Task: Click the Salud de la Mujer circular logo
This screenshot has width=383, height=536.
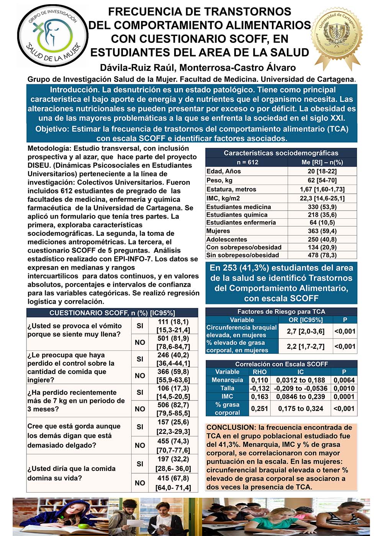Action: (53, 36)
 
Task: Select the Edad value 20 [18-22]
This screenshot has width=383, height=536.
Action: (322, 171)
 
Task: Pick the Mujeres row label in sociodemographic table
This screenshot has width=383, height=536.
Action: (218, 231)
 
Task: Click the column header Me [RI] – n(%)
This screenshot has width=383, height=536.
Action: (322, 162)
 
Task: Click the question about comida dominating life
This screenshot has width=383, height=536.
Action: (71, 473)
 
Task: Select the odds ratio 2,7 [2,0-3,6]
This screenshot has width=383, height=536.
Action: (305, 331)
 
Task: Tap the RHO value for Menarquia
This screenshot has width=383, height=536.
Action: (259, 380)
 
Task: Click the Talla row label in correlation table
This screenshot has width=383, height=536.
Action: (227, 388)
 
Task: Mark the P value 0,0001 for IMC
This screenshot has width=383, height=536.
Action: (344, 396)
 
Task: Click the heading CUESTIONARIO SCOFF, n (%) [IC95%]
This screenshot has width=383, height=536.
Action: (112, 313)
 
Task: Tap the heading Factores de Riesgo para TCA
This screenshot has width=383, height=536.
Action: (281, 312)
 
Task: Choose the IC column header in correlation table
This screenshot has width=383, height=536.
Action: (300, 372)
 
